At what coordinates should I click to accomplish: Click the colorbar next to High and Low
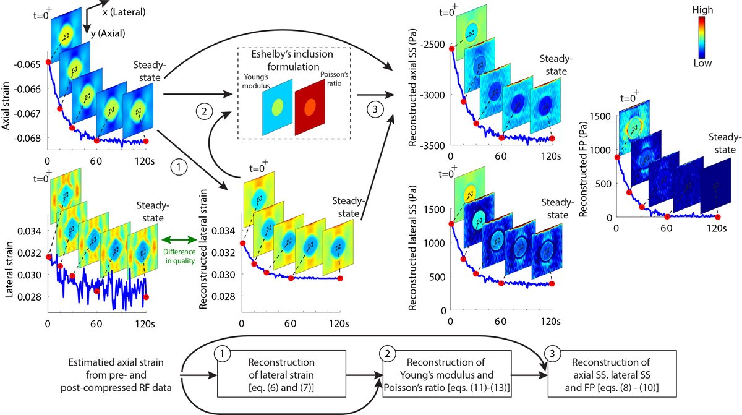702,36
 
